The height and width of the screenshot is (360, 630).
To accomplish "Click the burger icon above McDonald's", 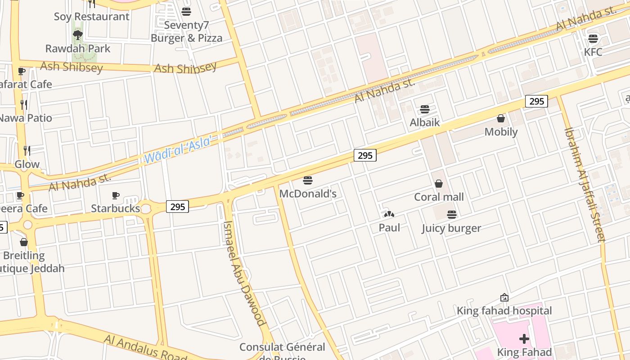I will (308, 180).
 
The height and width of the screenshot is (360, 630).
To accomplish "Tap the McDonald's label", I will (308, 193).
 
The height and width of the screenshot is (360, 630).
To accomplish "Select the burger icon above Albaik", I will (425, 109).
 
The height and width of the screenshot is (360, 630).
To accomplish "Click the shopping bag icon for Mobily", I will (500, 118).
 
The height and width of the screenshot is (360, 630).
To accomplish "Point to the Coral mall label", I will (439, 197).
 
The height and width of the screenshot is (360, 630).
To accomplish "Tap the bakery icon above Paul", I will (389, 215).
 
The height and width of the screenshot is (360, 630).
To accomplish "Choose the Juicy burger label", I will (451, 228).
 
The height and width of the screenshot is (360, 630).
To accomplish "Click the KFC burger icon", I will (593, 38).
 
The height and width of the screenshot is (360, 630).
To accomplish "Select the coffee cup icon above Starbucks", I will (116, 195).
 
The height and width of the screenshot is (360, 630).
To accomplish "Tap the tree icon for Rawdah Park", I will (78, 35).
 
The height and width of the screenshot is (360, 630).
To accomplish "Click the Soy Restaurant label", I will (92, 17).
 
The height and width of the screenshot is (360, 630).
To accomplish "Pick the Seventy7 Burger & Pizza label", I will (186, 31).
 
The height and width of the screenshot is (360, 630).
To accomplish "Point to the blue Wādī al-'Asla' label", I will (178, 150).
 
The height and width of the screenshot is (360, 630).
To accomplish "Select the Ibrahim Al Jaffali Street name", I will (585, 184).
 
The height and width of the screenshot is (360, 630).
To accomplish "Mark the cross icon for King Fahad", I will (524, 339).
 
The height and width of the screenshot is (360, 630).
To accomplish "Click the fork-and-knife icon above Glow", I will (27, 150).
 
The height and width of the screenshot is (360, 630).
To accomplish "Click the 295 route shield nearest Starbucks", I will (178, 207).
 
